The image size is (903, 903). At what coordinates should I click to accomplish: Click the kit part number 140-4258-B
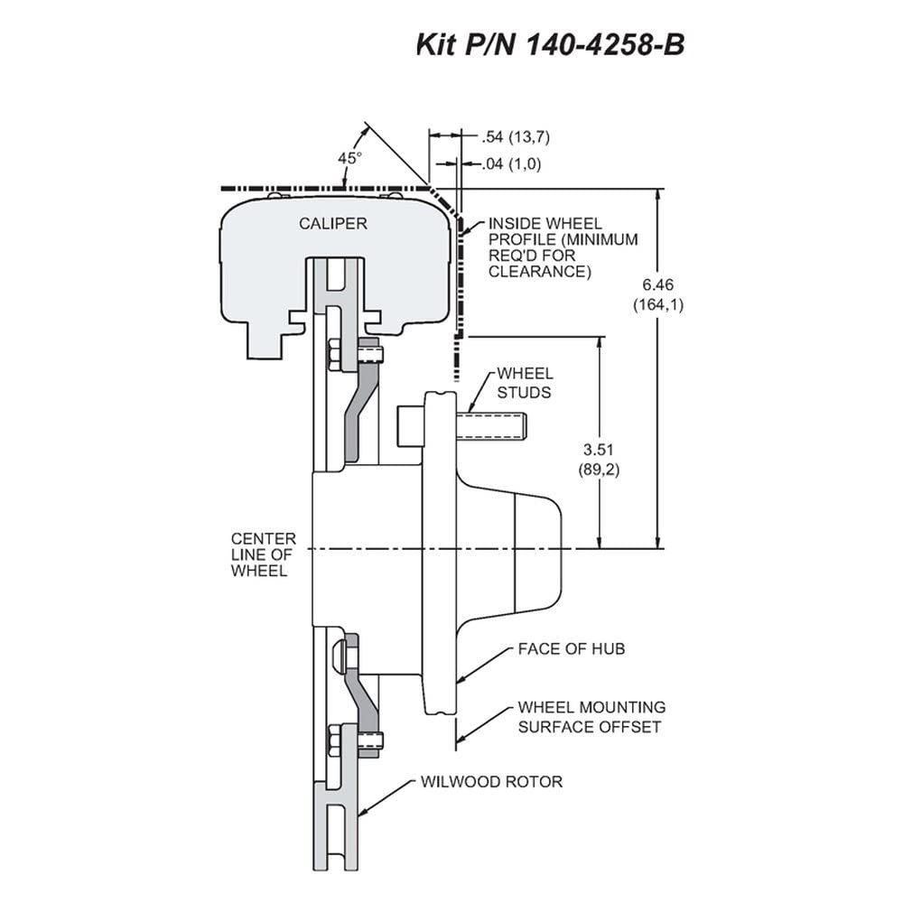point(604,45)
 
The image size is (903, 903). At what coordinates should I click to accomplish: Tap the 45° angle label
point(349,158)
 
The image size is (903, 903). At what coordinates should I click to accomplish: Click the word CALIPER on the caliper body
point(333,223)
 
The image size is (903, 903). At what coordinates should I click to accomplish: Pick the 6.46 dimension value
point(657,284)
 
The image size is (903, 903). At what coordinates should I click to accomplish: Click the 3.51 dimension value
point(599,449)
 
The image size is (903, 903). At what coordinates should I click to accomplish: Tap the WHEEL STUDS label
point(525,383)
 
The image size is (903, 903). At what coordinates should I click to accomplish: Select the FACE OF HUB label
point(572,649)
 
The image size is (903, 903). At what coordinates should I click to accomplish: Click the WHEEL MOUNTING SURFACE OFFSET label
point(591,717)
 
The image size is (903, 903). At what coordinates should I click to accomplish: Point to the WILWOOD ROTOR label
point(491,781)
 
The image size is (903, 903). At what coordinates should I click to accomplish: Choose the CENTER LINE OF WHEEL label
point(263,554)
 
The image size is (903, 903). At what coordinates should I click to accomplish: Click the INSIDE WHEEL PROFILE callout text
point(563,247)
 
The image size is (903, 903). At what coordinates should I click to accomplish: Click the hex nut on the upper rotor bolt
point(333,355)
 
